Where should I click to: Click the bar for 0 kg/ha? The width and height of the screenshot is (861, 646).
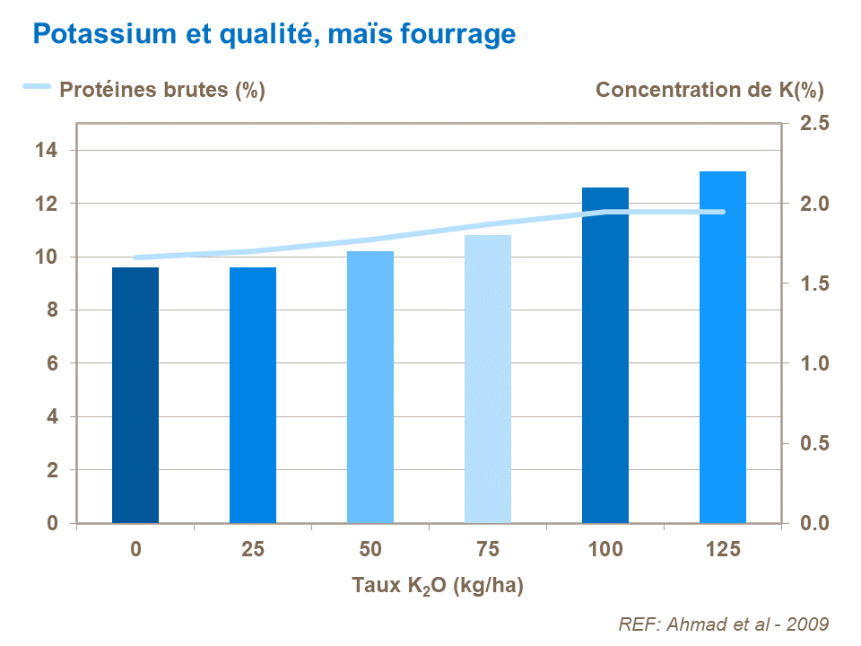pyautogui.click(x=135, y=395)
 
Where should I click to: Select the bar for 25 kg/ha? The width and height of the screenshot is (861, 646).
pyautogui.click(x=253, y=395)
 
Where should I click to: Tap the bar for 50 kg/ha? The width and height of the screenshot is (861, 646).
pyautogui.click(x=370, y=387)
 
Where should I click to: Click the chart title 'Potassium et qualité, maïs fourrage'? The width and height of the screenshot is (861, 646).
pyautogui.click(x=274, y=34)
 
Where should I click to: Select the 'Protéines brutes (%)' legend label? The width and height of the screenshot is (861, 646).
pyautogui.click(x=161, y=90)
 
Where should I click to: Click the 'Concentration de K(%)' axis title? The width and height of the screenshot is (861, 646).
pyautogui.click(x=709, y=90)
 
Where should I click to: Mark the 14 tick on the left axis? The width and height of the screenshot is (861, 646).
pyautogui.click(x=46, y=151)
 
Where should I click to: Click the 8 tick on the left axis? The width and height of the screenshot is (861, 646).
pyautogui.click(x=52, y=310)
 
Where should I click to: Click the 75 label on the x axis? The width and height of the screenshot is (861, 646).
pyautogui.click(x=488, y=549)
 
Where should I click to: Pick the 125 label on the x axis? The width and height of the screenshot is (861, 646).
pyautogui.click(x=723, y=549)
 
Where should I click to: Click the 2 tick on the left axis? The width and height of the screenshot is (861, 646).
pyautogui.click(x=52, y=470)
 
